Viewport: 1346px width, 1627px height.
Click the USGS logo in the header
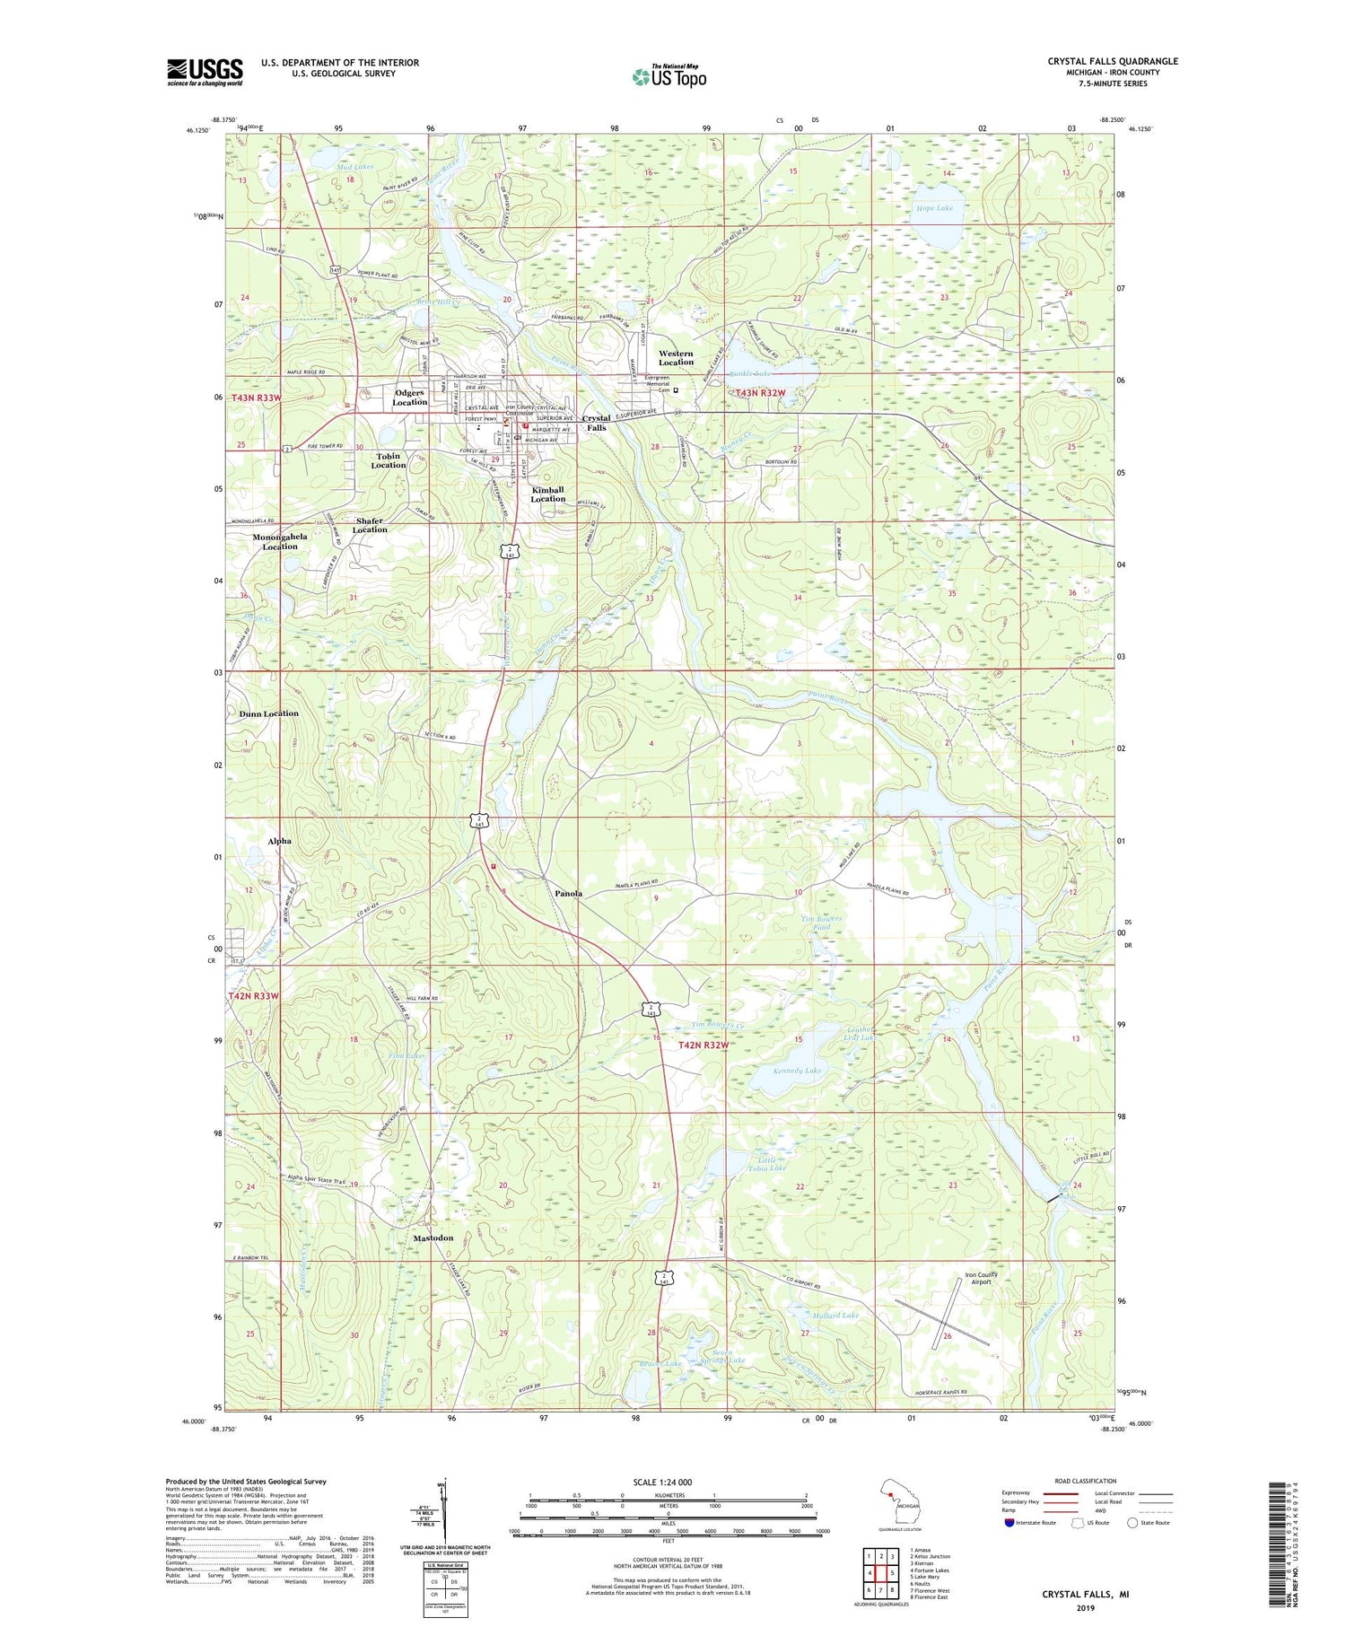click(x=205, y=71)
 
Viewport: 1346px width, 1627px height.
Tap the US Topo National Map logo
click(x=669, y=76)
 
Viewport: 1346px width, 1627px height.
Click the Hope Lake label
click(x=934, y=208)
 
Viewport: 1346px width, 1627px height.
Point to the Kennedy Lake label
click(x=797, y=1071)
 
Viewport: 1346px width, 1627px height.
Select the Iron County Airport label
click(x=981, y=1278)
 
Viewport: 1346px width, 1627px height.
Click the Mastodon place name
click(x=433, y=1238)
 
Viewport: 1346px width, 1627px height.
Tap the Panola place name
click(x=568, y=894)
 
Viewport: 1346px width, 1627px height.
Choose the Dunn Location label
click(x=268, y=713)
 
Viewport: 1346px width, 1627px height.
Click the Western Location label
click(x=676, y=357)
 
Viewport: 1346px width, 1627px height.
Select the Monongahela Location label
click(x=279, y=541)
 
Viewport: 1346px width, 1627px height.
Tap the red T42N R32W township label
click(x=703, y=1045)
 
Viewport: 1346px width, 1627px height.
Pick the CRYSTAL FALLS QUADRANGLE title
click(x=1112, y=61)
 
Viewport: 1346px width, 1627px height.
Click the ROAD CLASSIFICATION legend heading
click(x=1086, y=1481)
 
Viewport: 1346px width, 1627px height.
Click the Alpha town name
click(x=279, y=841)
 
